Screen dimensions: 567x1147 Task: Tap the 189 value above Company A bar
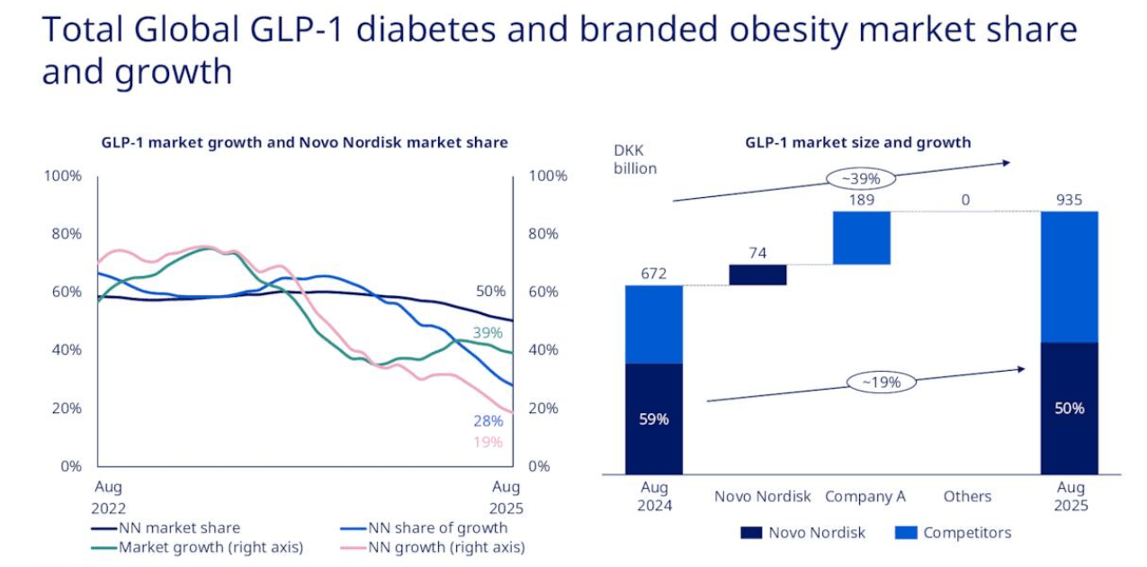point(862,200)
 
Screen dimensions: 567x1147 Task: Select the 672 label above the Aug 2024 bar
point(654,274)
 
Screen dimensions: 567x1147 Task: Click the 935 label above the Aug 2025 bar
point(1070,200)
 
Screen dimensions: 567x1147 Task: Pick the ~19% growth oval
point(881,382)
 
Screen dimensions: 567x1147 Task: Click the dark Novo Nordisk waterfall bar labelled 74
point(757,274)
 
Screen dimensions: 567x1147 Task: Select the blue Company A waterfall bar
point(862,238)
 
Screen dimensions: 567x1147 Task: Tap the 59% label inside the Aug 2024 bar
point(654,418)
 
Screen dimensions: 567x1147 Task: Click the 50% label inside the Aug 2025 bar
point(1070,408)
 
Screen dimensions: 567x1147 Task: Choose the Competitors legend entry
point(954,533)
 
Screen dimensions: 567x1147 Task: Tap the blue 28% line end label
point(488,421)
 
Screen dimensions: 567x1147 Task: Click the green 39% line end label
point(488,333)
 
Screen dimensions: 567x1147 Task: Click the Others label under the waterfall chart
point(967,496)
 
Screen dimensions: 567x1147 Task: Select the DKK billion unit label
point(635,159)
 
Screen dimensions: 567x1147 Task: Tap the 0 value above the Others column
point(965,200)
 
